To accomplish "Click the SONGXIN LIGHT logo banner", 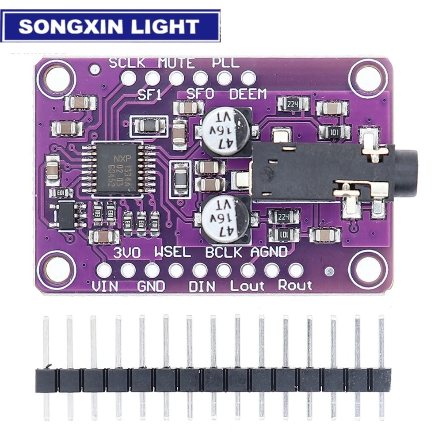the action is point(110,26).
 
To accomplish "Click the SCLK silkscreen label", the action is point(127,63).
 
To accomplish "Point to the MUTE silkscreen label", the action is point(176,63).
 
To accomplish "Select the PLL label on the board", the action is point(226,63).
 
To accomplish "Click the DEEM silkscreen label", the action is point(248,94).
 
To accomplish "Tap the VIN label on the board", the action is point(105,286).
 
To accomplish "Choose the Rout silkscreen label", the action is point(295,286).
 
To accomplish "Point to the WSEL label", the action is point(172,253).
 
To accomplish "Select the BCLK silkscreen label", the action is point(224,253).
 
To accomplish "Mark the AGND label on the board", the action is point(269,252).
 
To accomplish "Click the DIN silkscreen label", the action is point(202,286).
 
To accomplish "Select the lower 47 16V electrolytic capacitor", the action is point(225,218).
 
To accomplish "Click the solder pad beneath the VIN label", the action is point(104,270).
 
